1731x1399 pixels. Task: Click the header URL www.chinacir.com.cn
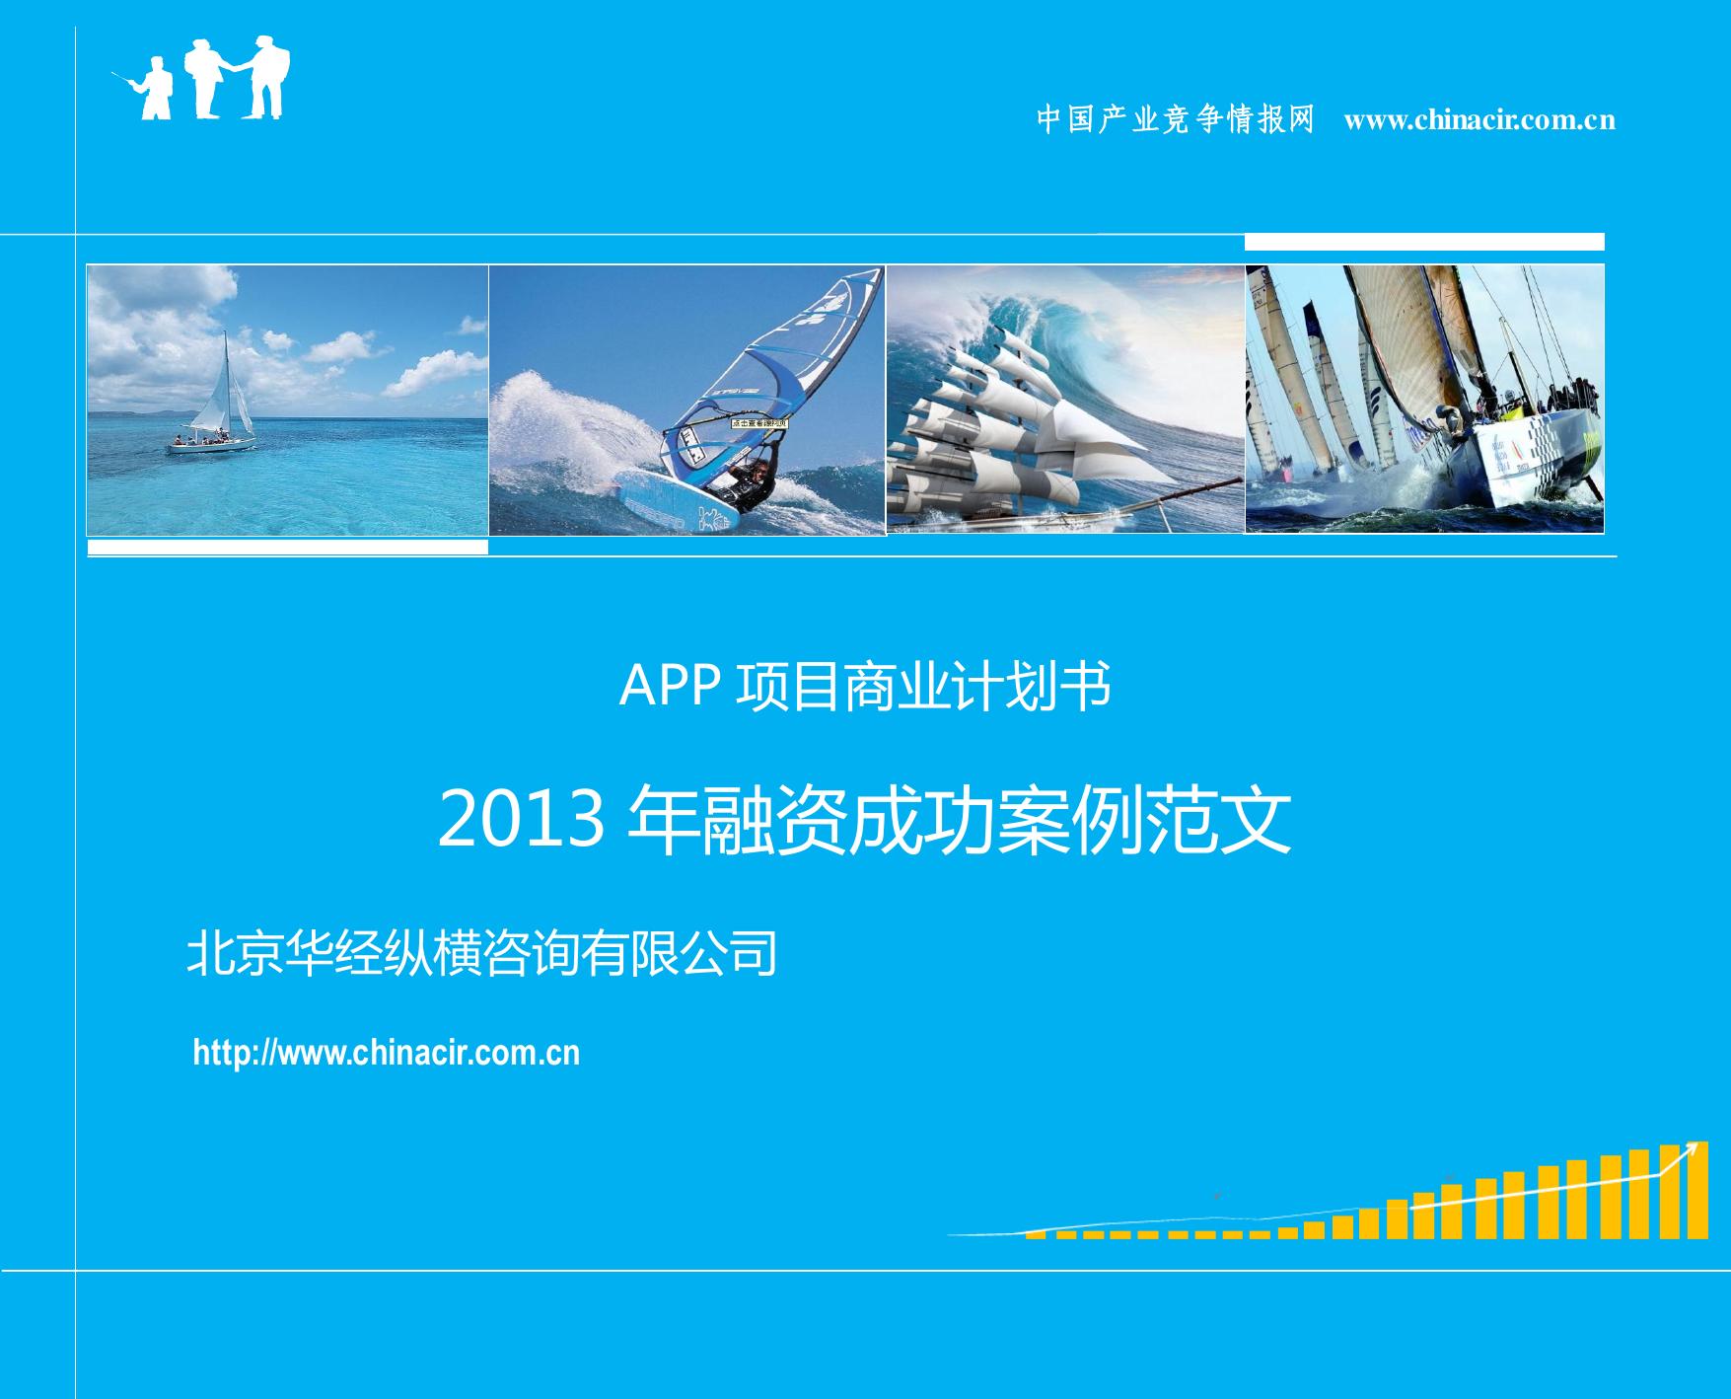pos(1479,120)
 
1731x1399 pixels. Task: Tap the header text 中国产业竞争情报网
pos(1176,119)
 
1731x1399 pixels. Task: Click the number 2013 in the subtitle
pos(521,821)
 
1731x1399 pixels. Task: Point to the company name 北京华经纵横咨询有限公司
pos(482,953)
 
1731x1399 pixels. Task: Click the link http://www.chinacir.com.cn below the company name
pos(387,1053)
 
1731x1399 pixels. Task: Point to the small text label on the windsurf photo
pos(759,423)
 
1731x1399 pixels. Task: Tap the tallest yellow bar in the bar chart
pos(1697,1190)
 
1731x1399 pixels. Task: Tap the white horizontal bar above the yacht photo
pos(1424,243)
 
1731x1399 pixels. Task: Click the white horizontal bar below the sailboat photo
pos(287,547)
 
